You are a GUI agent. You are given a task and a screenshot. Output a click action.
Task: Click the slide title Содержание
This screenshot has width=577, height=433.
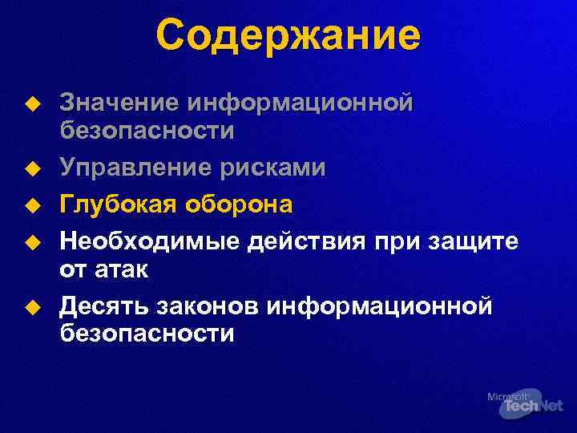click(x=288, y=36)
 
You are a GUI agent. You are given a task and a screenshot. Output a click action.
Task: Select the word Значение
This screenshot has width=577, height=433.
click(x=120, y=103)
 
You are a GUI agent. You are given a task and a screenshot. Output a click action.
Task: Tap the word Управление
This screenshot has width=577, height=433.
click(x=131, y=168)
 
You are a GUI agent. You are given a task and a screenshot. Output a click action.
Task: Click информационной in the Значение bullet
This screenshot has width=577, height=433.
click(x=301, y=103)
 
